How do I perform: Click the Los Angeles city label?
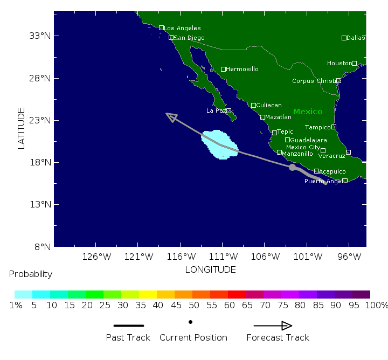click(x=182, y=28)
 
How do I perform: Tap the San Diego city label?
click(x=189, y=38)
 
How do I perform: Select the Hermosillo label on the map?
click(x=242, y=69)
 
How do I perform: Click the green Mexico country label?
click(x=308, y=112)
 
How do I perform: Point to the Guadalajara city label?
click(x=308, y=140)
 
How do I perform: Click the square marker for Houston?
click(x=354, y=63)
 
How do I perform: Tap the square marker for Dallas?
click(x=344, y=38)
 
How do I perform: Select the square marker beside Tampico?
click(x=334, y=127)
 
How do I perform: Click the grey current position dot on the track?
click(x=292, y=167)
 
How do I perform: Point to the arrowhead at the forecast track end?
click(x=171, y=116)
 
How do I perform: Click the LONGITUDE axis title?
click(x=210, y=269)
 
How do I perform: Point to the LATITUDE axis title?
click(x=22, y=128)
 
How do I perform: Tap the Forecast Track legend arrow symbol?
click(x=273, y=326)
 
